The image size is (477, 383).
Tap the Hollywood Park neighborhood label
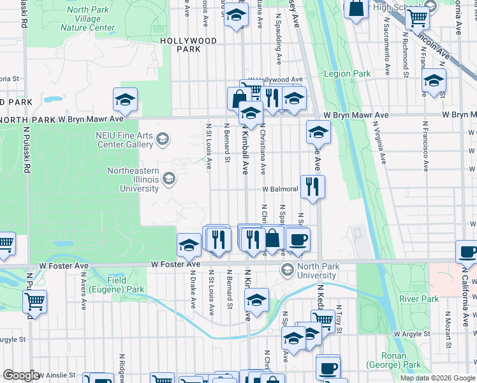[x=188, y=45]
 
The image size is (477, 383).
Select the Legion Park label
[x=347, y=73]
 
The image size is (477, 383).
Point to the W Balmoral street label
[x=278, y=189]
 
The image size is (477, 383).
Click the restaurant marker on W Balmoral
[x=312, y=186]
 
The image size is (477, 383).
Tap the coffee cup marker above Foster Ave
[x=298, y=239]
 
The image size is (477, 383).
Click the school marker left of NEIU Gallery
[x=125, y=100]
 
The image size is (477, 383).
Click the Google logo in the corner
[x=21, y=375]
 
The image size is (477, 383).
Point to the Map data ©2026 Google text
[x=437, y=378]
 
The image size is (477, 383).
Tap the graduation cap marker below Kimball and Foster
[x=256, y=300]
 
